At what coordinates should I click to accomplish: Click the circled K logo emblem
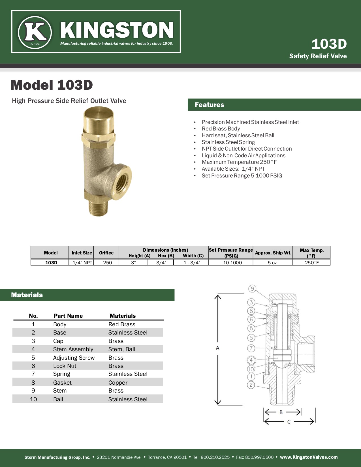[x=35, y=32]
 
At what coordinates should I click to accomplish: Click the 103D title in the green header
[x=329, y=44]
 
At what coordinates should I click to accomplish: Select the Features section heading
[x=210, y=105]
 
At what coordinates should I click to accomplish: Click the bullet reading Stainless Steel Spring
[x=228, y=142]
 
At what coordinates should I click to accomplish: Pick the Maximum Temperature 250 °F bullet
[x=239, y=162]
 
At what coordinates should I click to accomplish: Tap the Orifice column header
[x=106, y=253]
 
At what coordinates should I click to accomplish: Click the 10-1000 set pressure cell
[x=232, y=263]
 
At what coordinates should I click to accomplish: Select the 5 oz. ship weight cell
[x=273, y=263]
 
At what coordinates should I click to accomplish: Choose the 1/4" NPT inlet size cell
[x=82, y=263]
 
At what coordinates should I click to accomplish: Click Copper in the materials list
[x=118, y=383]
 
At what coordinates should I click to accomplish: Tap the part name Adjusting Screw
[x=74, y=358]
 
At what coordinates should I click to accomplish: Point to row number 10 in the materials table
[x=33, y=399]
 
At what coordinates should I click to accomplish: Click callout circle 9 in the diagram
[x=252, y=289]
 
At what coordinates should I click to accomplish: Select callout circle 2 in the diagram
[x=251, y=385]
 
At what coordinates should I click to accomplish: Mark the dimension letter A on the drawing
[x=217, y=348]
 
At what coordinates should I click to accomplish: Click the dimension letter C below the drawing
[x=289, y=422]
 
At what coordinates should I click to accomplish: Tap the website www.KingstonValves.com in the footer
[x=309, y=457]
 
